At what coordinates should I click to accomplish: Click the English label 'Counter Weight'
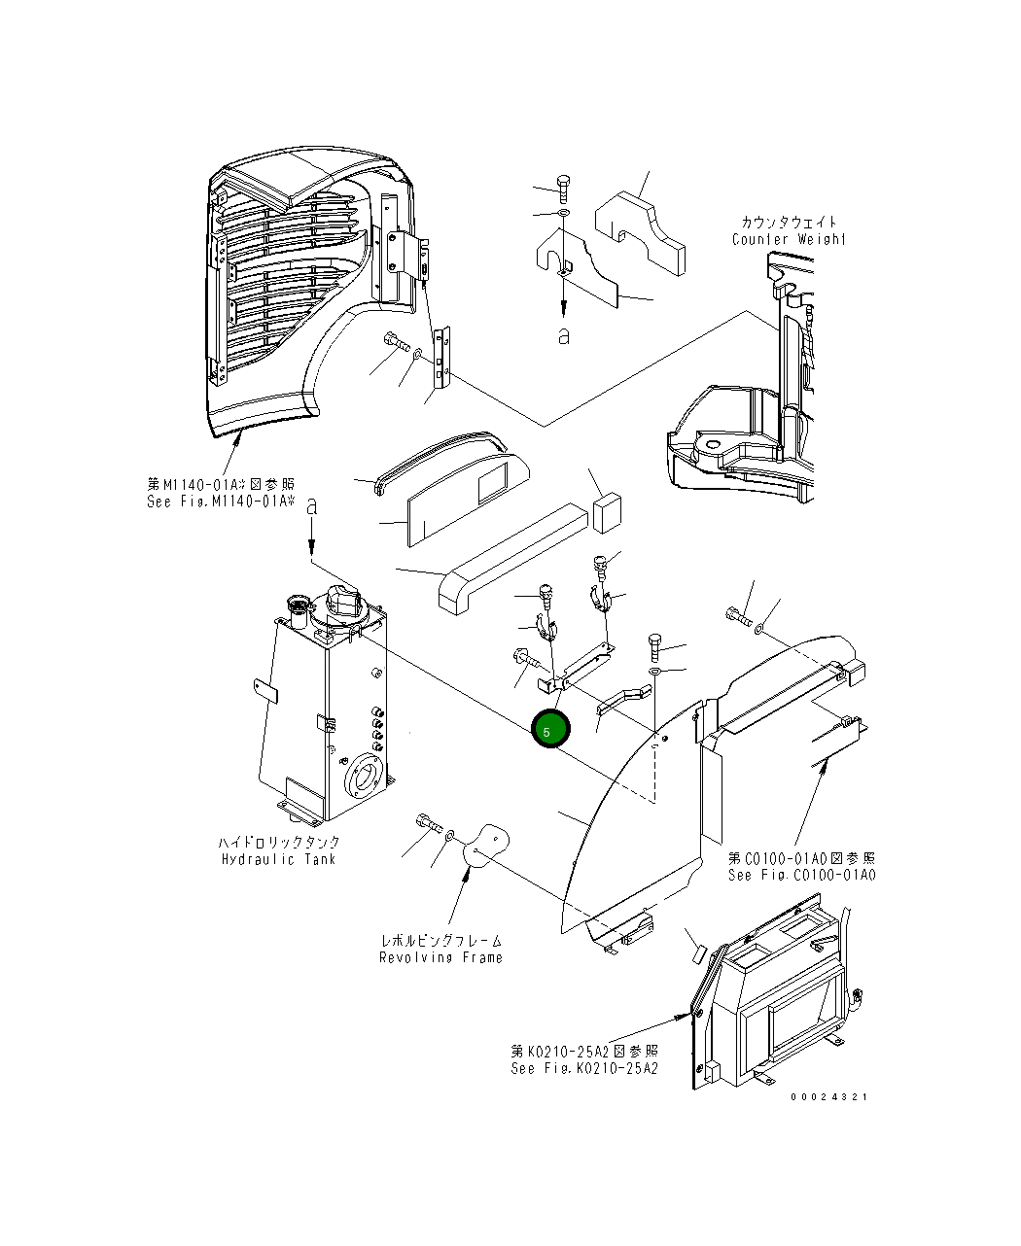pyautogui.click(x=789, y=239)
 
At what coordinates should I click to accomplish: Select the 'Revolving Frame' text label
pyautogui.click(x=440, y=957)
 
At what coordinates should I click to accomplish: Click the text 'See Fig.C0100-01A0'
pyautogui.click(x=801, y=875)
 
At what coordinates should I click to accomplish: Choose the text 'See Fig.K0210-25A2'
pyautogui.click(x=584, y=1068)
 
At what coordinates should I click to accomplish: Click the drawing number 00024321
pyautogui.click(x=828, y=1096)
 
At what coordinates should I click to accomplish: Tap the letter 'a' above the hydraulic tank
pyautogui.click(x=312, y=506)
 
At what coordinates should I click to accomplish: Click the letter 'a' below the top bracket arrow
pyautogui.click(x=563, y=336)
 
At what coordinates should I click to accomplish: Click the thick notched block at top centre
pyautogui.click(x=641, y=230)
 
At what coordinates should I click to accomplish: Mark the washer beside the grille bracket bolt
pyautogui.click(x=416, y=355)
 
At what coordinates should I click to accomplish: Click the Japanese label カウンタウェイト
pyautogui.click(x=788, y=223)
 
